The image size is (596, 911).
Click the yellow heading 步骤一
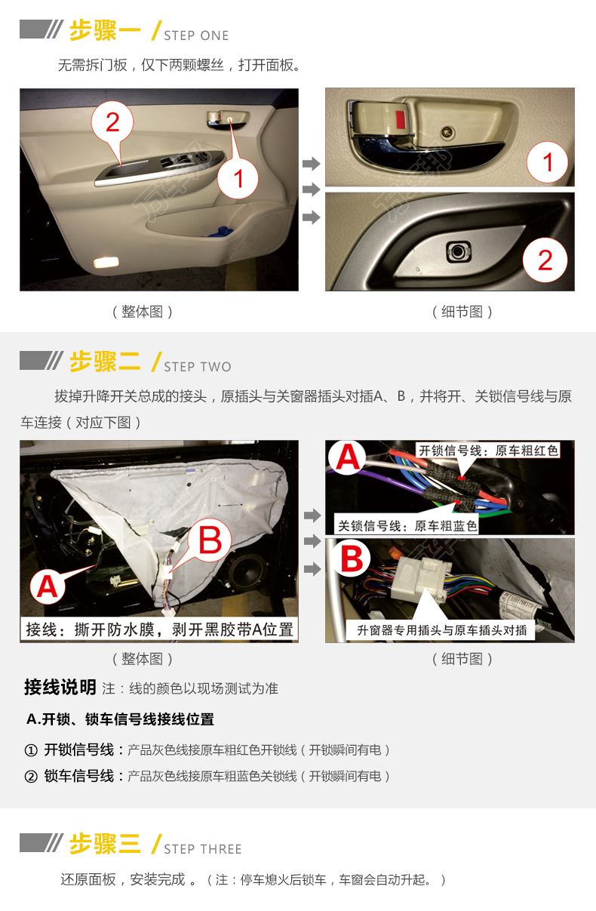pyautogui.click(x=105, y=30)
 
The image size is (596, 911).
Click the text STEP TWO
pyautogui.click(x=198, y=367)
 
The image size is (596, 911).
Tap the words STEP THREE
pyautogui.click(x=203, y=849)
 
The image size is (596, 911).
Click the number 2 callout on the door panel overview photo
pyautogui.click(x=112, y=122)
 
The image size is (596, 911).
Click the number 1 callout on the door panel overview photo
pyautogui.click(x=238, y=178)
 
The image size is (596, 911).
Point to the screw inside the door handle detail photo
pyautogui.click(x=447, y=131)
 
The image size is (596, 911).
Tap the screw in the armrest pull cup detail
pyautogui.click(x=459, y=251)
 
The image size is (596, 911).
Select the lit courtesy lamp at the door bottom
pyautogui.click(x=106, y=263)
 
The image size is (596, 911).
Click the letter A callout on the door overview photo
pyautogui.click(x=48, y=586)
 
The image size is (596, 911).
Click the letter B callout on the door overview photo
pyautogui.click(x=210, y=540)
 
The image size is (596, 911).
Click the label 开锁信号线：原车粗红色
pyautogui.click(x=488, y=451)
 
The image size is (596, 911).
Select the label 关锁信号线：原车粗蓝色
pyautogui.click(x=407, y=526)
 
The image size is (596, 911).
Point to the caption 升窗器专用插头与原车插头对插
pyautogui.click(x=442, y=630)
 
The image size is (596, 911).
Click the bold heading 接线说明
pyautogui.click(x=60, y=688)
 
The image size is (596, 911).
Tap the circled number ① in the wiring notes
pyautogui.click(x=31, y=750)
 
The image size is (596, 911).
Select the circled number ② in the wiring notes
pyautogui.click(x=31, y=777)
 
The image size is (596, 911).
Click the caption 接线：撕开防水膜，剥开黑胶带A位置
pyautogui.click(x=159, y=629)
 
